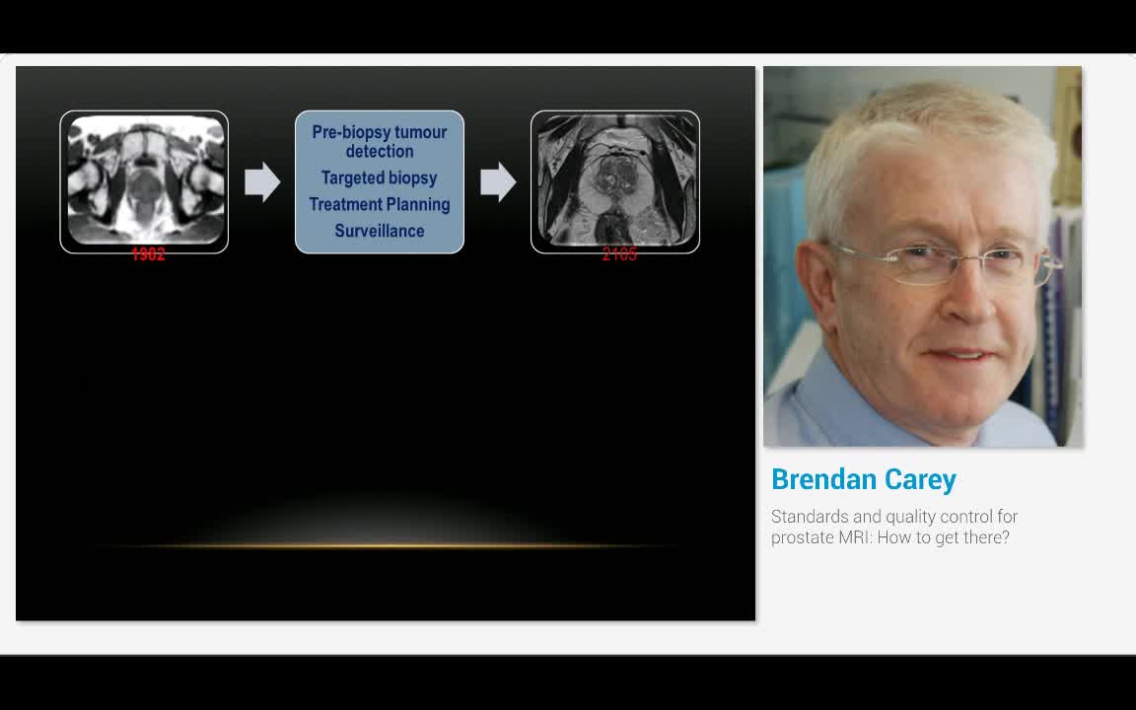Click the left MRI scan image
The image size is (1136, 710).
pyautogui.click(x=144, y=180)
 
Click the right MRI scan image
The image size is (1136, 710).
pyautogui.click(x=615, y=180)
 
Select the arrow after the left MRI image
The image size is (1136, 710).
pyautogui.click(x=262, y=181)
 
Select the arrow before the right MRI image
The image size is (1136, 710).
pyautogui.click(x=498, y=181)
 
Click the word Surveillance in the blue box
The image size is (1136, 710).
pyautogui.click(x=380, y=231)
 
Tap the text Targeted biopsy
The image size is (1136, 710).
pyautogui.click(x=380, y=178)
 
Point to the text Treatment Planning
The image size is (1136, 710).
pyautogui.click(x=380, y=204)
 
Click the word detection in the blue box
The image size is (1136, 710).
pyautogui.click(x=380, y=152)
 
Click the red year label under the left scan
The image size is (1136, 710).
pyautogui.click(x=148, y=254)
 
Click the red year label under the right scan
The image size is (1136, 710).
pyautogui.click(x=619, y=254)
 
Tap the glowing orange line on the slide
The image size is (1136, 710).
pyautogui.click(x=385, y=545)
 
